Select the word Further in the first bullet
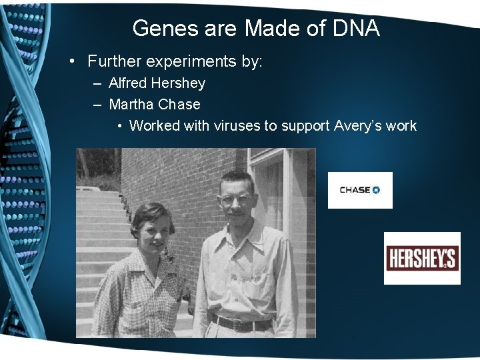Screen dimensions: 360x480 [114, 62]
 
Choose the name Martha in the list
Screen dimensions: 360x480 [131, 105]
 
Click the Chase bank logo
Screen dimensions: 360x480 [359, 190]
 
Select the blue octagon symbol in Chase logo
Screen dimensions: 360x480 [376, 190]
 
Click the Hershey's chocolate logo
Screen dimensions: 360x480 [422, 258]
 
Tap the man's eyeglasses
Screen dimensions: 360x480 [237, 199]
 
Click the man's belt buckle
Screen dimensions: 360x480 [241, 325]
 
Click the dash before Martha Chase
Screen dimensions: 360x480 [97, 105]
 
